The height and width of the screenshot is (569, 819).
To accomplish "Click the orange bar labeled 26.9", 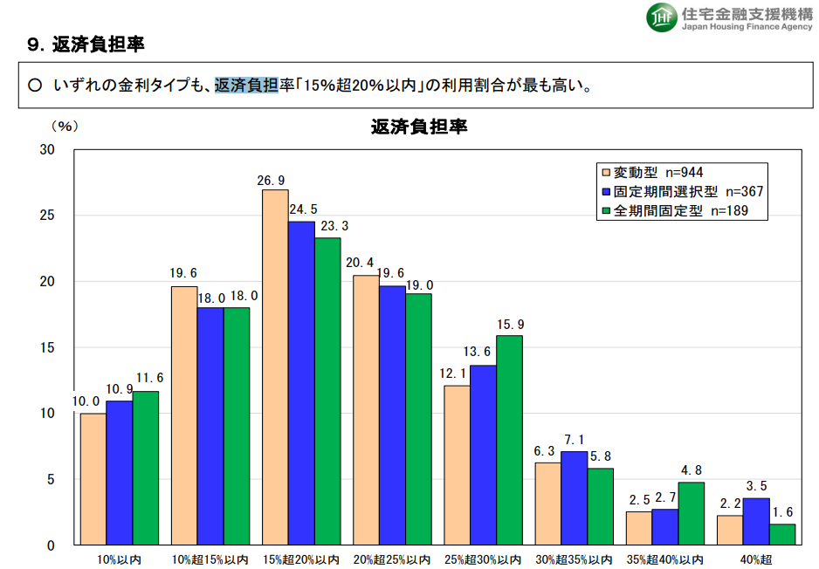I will [275, 367].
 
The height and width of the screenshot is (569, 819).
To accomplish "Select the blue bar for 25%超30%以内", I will [483, 455].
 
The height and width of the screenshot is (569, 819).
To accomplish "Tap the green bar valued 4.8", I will [691, 513].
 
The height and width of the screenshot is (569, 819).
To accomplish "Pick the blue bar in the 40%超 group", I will [755, 522].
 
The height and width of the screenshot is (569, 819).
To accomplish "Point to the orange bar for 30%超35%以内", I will [547, 504].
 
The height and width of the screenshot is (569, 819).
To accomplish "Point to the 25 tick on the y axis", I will [48, 216].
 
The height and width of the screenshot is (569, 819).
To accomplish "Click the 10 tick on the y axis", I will [48, 413].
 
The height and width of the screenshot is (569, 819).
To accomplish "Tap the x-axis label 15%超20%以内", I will [301, 559].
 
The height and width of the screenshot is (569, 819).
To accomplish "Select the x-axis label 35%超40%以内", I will [665, 559].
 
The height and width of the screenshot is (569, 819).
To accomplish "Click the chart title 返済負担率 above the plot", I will [420, 127].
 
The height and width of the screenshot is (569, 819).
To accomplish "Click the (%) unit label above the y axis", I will [65, 127].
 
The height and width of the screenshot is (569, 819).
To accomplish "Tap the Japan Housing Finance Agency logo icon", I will [661, 16].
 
